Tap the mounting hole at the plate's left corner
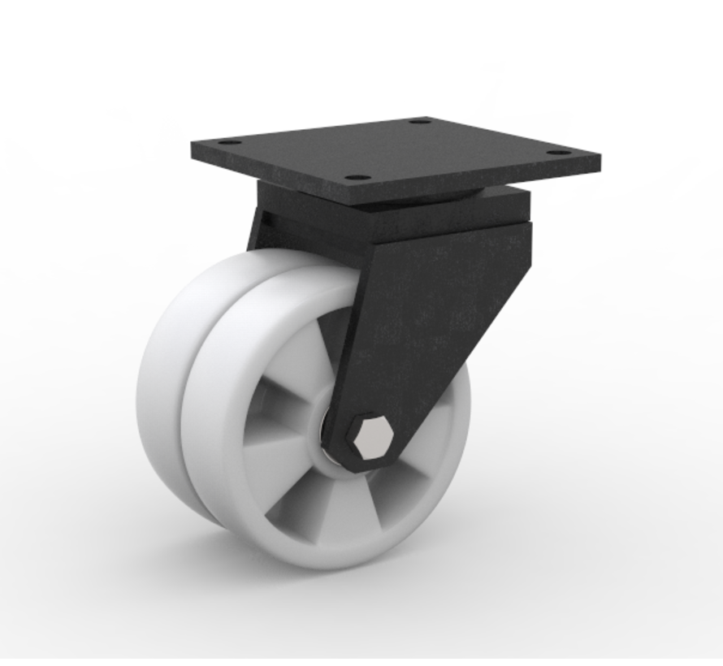[230, 142]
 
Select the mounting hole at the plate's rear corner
[420, 121]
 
